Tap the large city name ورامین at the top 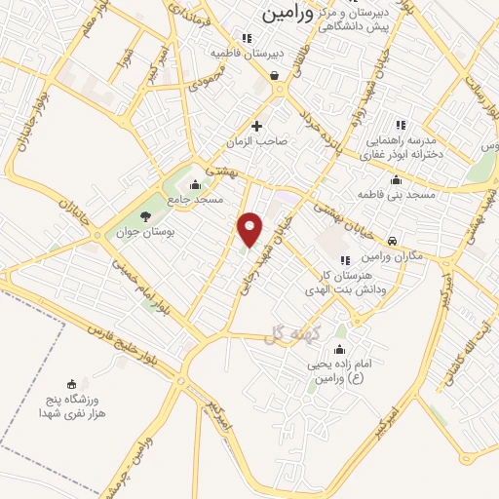[288, 15]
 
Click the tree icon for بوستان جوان [146, 216]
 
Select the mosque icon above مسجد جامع [196, 183]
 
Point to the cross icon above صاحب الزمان [257, 126]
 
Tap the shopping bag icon [275, 75]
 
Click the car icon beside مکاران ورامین [391, 241]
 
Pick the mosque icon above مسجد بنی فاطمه [395, 180]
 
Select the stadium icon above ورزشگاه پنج [69, 384]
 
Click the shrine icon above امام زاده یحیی [339, 348]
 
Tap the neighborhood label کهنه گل [286, 335]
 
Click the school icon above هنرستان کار [344, 260]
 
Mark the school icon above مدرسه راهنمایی [400, 125]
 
